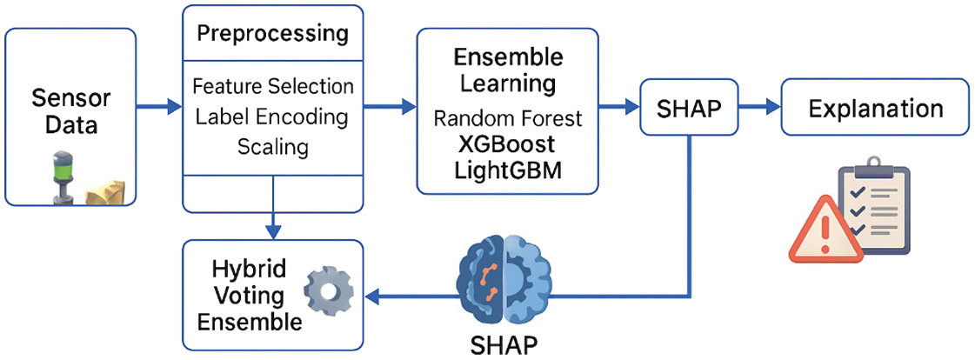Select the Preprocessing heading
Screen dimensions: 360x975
click(x=272, y=34)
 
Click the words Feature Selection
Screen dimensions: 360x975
click(x=272, y=87)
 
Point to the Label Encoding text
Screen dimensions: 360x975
click(x=272, y=117)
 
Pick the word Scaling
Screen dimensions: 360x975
click(x=272, y=146)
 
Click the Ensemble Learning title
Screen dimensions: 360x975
click(x=508, y=70)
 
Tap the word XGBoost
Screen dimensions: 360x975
click(x=508, y=144)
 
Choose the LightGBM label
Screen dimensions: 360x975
click(x=508, y=170)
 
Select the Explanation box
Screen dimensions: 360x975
click(x=875, y=109)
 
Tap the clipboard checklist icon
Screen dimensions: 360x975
click(x=871, y=210)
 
